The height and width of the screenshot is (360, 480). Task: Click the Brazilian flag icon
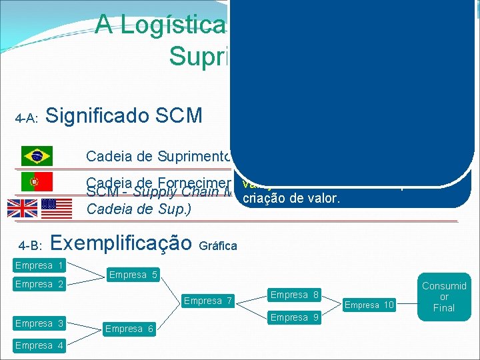point(37,157)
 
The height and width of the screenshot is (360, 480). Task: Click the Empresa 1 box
point(39,265)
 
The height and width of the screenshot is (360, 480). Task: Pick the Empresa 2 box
point(39,284)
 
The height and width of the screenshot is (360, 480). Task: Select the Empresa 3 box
point(39,323)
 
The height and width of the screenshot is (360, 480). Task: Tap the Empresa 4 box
point(39,345)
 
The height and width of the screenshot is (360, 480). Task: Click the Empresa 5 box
point(133,275)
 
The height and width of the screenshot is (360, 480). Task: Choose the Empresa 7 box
point(208,301)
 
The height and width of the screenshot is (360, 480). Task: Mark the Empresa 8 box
point(294,295)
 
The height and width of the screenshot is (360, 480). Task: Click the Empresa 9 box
point(294,317)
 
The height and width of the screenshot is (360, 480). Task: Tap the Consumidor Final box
point(444,297)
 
